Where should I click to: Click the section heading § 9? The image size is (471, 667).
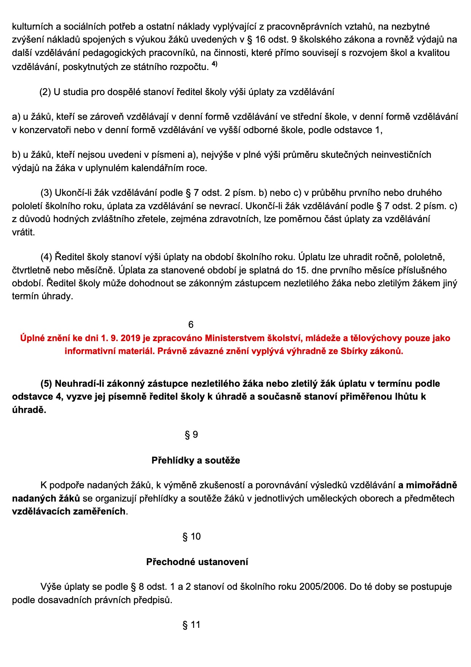191,435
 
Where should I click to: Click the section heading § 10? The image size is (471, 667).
191,537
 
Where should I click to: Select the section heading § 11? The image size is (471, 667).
191,625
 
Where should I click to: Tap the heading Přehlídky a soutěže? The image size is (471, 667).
196,461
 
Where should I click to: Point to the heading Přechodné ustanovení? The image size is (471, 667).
197,562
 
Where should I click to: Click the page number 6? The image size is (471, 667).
191,324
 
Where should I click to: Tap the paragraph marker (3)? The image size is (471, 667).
46,193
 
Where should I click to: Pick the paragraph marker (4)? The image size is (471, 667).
46,257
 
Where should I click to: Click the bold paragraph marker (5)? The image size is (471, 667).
46,384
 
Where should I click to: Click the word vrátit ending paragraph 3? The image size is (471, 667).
23,232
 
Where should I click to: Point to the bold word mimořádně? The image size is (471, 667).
431,485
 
